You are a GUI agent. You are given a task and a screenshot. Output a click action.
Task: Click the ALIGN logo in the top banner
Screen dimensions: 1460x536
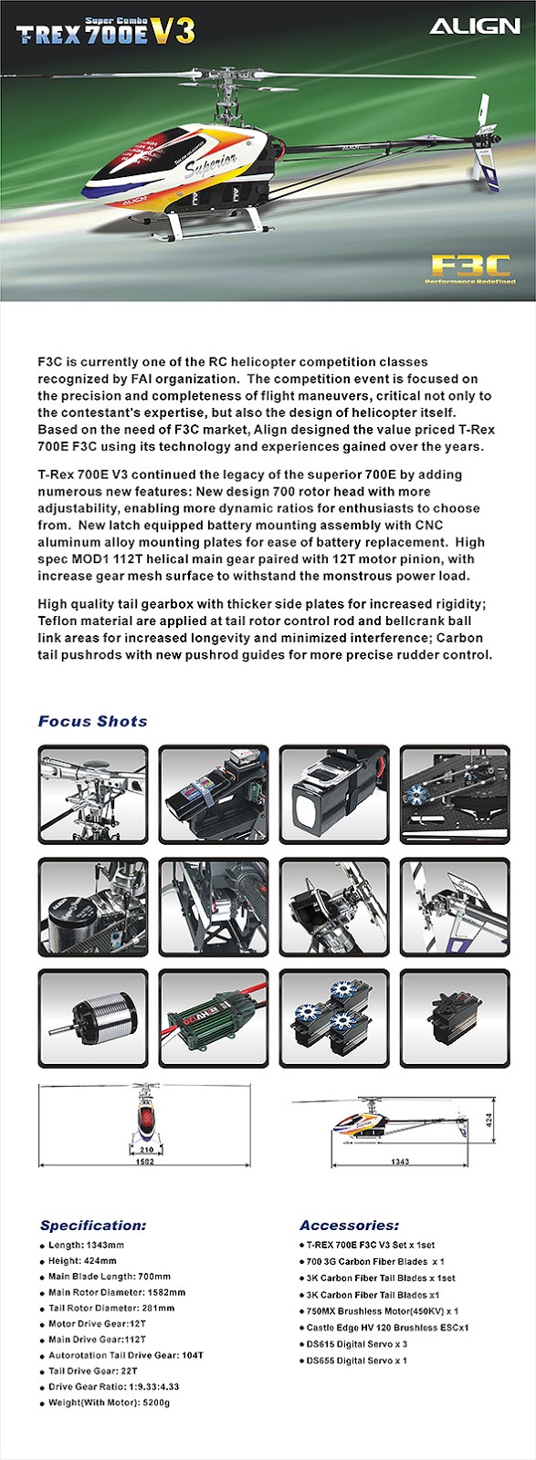[474, 26]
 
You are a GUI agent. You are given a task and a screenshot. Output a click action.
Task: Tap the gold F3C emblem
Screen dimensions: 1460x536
[469, 266]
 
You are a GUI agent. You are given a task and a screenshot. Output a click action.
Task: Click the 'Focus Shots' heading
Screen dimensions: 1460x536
[92, 721]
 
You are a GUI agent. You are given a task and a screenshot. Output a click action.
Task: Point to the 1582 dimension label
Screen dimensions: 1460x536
[144, 1162]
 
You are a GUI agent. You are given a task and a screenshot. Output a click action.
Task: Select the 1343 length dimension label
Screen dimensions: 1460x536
[399, 1162]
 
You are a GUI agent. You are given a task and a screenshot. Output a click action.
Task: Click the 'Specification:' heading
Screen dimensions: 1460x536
[93, 1225]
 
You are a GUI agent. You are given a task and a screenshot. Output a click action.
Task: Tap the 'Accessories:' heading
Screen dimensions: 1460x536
[349, 1225]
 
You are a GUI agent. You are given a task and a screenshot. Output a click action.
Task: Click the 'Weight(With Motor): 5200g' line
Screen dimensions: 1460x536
[109, 1403]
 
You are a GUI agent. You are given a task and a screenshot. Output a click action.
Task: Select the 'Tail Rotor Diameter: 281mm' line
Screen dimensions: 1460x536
[111, 1308]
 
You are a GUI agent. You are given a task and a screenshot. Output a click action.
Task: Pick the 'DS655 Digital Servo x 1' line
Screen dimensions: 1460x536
[356, 1361]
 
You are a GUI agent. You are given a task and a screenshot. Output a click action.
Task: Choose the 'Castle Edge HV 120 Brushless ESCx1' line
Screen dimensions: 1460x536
[387, 1328]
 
